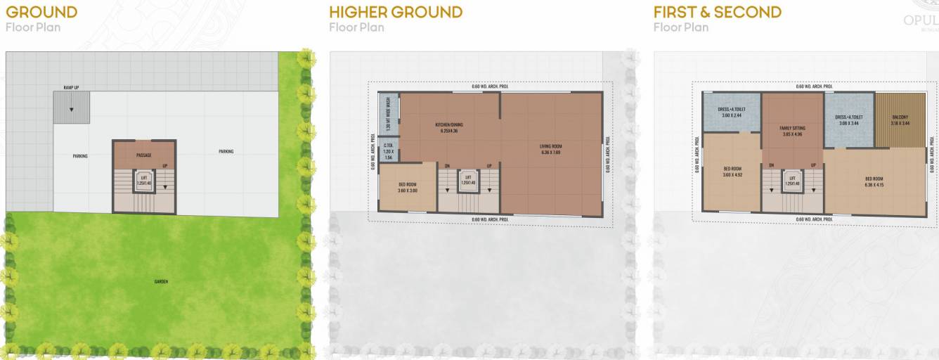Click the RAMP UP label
tap(71, 88)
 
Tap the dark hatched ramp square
tap(72, 108)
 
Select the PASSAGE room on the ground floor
tap(144, 155)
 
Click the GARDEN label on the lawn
tap(161, 281)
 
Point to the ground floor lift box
tap(144, 182)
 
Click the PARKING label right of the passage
tap(226, 151)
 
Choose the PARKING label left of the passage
tap(80, 156)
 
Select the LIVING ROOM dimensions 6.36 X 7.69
tap(551, 152)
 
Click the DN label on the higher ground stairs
tap(447, 166)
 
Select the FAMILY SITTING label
tap(792, 128)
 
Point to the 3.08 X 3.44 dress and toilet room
tap(848, 120)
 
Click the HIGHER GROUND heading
tap(396, 12)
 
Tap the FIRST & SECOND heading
tap(717, 12)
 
